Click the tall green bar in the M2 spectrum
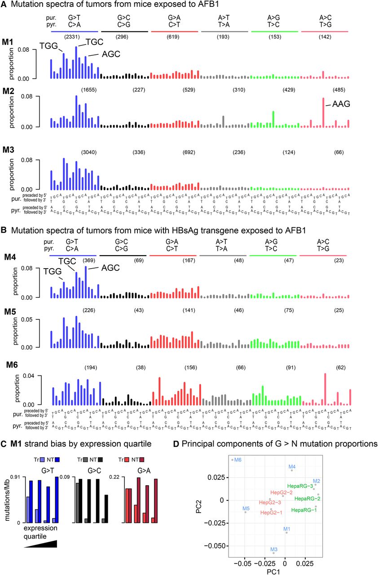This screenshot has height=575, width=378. [x=273, y=119]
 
